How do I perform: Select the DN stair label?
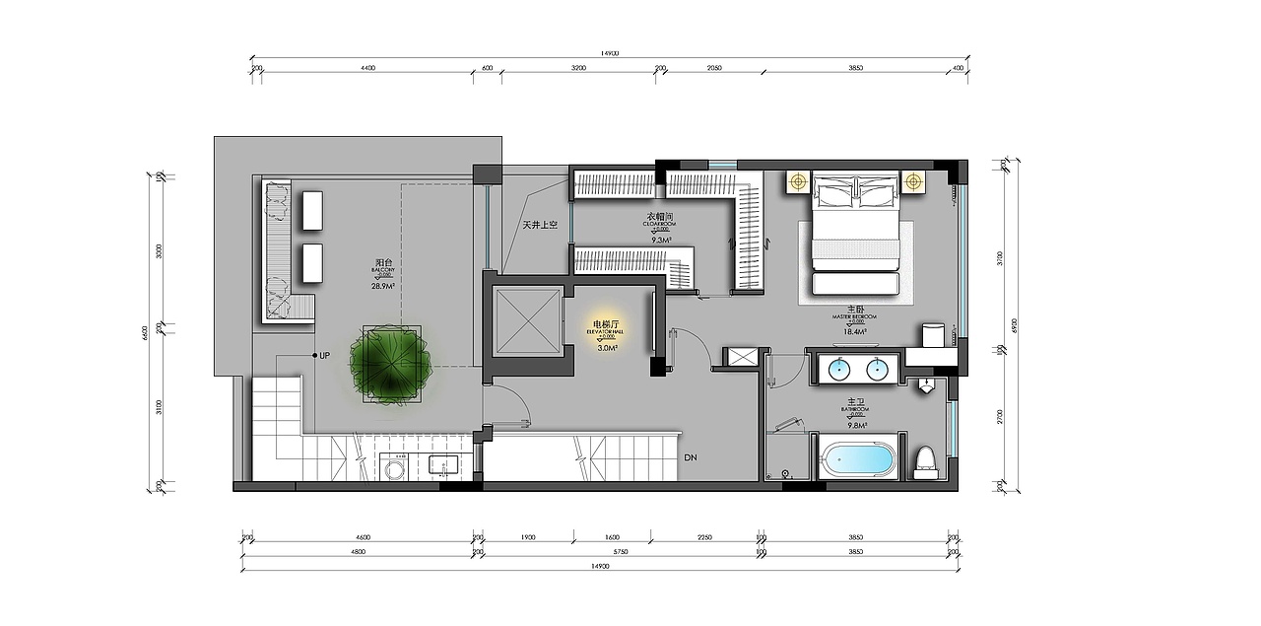692,457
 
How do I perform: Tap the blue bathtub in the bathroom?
859,459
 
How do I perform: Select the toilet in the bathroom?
925,460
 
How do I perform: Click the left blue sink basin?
838,370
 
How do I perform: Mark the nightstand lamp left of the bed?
796,181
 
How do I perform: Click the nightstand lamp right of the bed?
914,181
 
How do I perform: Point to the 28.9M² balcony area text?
383,286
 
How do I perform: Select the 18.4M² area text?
854,332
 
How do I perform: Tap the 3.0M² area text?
607,347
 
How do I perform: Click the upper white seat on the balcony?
313,209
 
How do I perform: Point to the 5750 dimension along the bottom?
620,553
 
